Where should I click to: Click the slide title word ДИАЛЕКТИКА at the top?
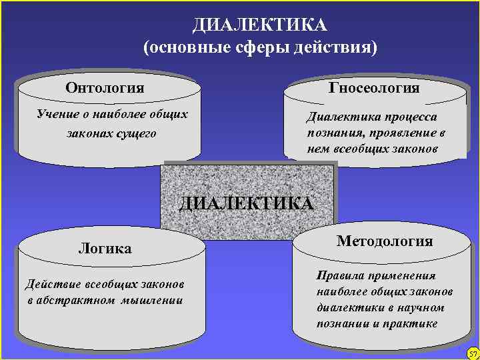point(260,25)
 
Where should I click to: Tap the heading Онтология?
point(105,88)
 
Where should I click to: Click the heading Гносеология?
point(374,88)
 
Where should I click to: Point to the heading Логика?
point(105,249)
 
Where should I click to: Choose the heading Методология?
point(385,241)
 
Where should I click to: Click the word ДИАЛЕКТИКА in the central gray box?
point(246,203)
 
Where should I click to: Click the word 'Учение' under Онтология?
point(57,114)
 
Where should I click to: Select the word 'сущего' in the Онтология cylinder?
point(136,133)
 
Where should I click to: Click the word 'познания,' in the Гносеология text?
point(334,133)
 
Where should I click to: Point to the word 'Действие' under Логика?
point(49,285)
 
